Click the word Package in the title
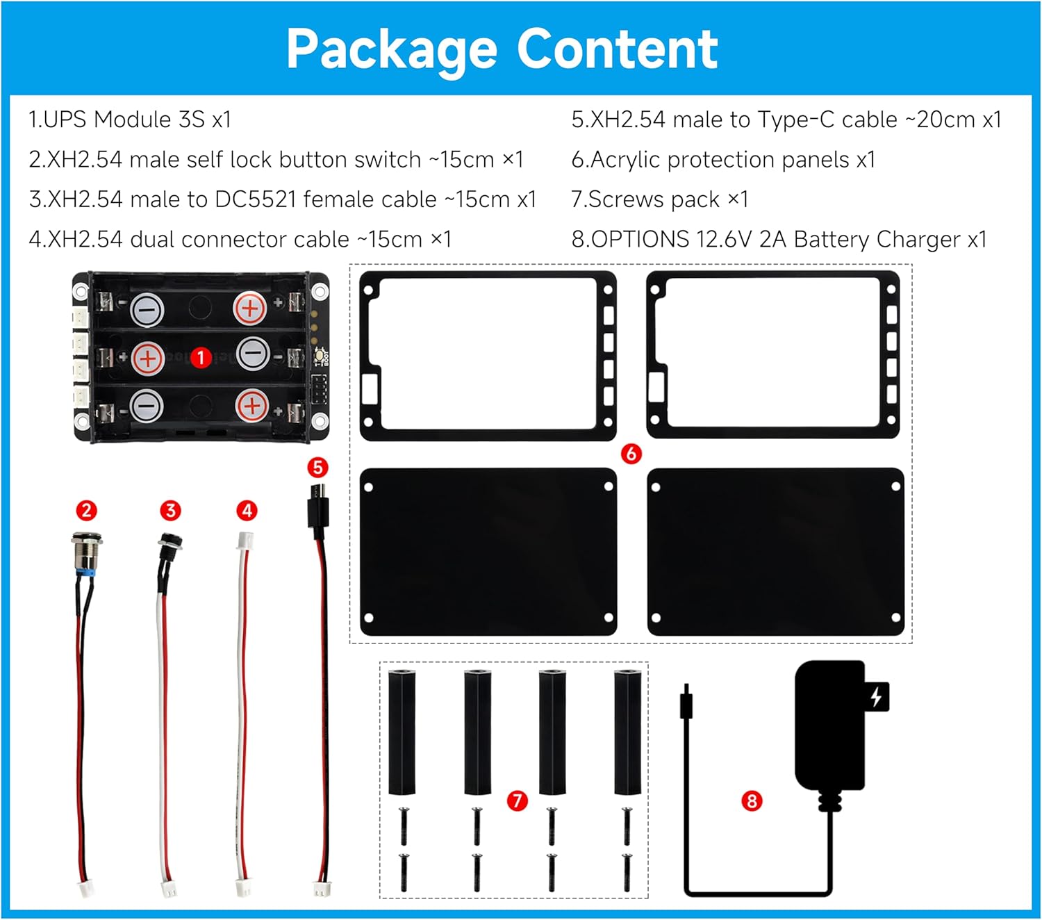391,50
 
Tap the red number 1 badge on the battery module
201,358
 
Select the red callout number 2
86,511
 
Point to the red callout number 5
317,467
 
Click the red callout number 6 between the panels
631,454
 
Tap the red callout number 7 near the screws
517,800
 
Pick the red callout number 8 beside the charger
752,800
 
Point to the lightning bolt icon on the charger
877,696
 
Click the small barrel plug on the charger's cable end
686,703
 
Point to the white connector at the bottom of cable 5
322,889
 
